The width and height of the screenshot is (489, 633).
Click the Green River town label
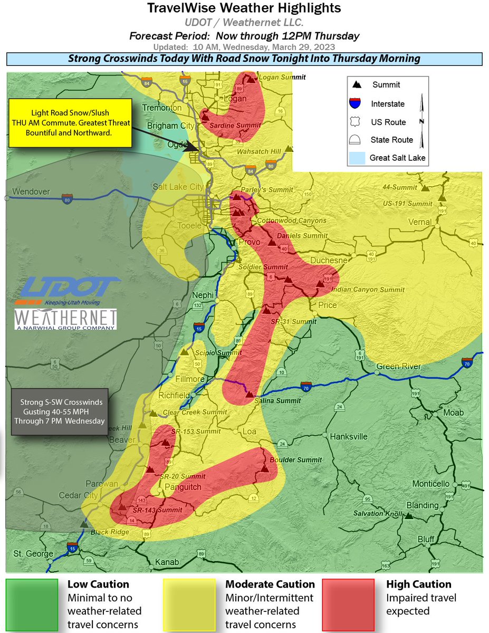click(398, 367)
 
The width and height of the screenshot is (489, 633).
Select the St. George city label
click(33, 554)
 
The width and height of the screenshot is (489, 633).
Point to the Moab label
click(453, 413)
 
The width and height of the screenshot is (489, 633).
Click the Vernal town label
click(419, 222)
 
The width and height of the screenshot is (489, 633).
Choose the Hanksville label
click(348, 437)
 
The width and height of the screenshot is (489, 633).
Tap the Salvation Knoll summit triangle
click(408, 514)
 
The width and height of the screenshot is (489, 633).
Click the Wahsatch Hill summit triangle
click(289, 149)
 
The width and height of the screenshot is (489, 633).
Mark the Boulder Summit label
click(295, 460)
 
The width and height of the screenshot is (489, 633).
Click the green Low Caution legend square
click(32, 604)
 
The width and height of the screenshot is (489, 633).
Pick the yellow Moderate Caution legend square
click(189, 604)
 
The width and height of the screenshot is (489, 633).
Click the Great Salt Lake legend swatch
click(356, 158)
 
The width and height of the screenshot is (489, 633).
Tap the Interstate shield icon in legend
click(356, 103)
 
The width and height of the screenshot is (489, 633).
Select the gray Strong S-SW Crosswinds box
click(60, 412)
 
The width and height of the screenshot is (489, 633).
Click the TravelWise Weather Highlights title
click(244, 8)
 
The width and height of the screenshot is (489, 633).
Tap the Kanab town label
click(167, 562)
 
